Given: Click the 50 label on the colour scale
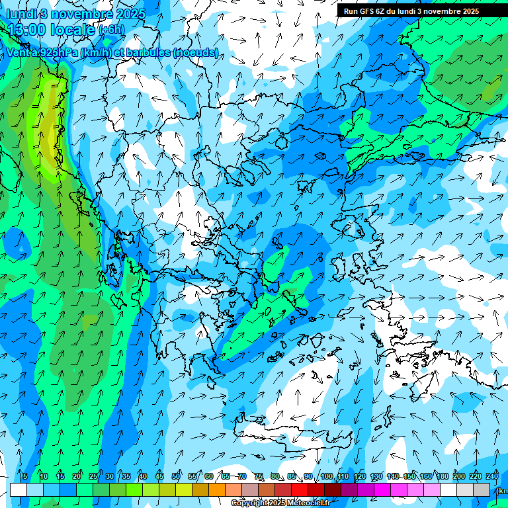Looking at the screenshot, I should click(x=176, y=476).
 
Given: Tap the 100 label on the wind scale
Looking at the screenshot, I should click(x=326, y=476).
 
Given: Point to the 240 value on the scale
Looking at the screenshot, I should click(x=492, y=476).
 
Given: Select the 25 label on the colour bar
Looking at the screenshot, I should click(x=93, y=476).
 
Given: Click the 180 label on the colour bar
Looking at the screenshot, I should click(x=442, y=476).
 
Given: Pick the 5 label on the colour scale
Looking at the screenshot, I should click(x=24, y=476).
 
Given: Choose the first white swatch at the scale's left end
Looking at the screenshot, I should click(x=19, y=489).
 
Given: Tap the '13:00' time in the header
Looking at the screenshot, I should click(x=26, y=30).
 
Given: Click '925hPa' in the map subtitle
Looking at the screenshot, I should click(x=58, y=53).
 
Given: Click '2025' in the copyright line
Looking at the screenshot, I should click(x=276, y=503).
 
